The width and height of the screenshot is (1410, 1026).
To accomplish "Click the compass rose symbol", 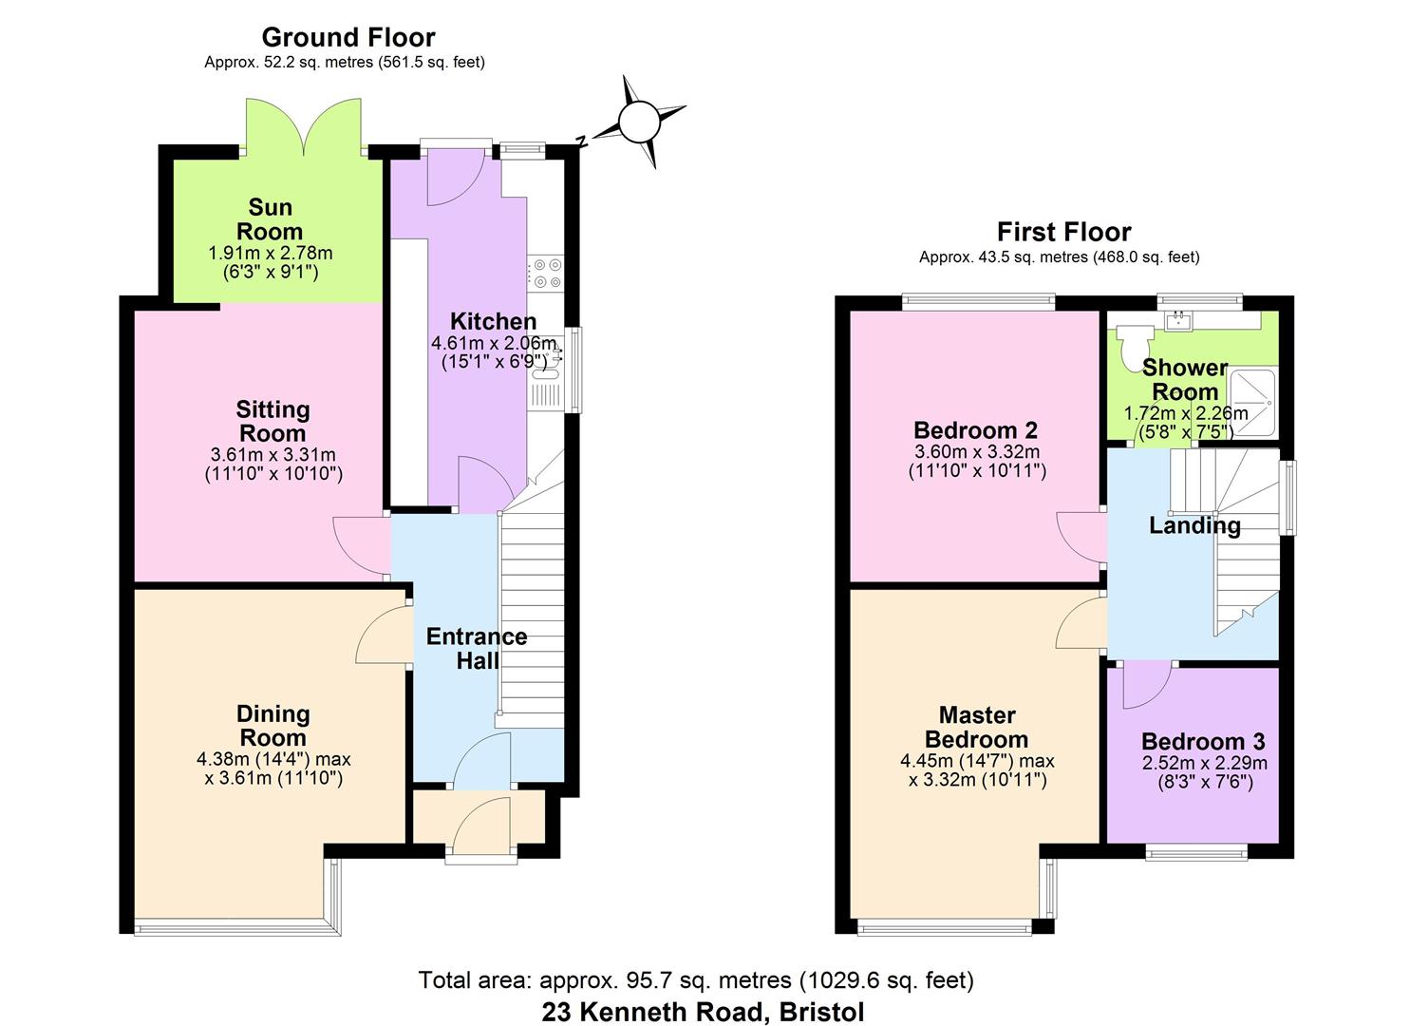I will [x=638, y=123].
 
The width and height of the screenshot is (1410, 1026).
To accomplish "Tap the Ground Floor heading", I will [x=348, y=38].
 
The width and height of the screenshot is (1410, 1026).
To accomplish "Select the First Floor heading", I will [x=1063, y=233].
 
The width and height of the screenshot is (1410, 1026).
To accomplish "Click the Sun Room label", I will [x=270, y=219].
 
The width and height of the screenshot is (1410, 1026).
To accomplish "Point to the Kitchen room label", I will [x=493, y=321].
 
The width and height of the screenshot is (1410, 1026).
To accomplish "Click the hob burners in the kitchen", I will [x=546, y=274].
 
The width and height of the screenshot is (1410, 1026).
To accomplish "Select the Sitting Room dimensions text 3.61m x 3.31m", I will [x=273, y=455].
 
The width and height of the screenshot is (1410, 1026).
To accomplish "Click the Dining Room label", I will [x=273, y=726].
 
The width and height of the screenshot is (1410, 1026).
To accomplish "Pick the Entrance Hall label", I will [x=477, y=649].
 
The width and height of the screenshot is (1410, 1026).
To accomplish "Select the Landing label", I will [x=1194, y=526].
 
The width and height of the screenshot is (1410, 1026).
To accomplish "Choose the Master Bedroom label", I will [x=976, y=728].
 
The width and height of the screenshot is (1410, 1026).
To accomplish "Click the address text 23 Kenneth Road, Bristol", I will [x=703, y=1012].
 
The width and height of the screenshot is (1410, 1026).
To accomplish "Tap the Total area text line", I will [x=696, y=980].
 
